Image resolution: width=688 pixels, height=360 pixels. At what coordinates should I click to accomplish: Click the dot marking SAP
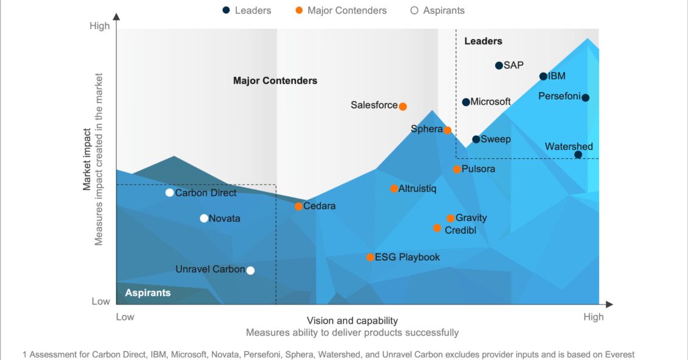click(x=499, y=65)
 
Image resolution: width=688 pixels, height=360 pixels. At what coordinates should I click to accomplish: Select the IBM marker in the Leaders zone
click(x=543, y=77)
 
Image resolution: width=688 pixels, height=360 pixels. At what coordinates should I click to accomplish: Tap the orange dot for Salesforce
click(x=402, y=106)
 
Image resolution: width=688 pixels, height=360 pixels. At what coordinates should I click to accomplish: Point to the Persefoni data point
click(x=585, y=97)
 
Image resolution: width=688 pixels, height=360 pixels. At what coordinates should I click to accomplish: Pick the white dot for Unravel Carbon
click(x=250, y=270)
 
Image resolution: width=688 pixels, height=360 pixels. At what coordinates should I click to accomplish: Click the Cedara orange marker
click(x=298, y=206)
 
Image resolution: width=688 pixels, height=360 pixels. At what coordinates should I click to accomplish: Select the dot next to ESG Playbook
click(x=370, y=258)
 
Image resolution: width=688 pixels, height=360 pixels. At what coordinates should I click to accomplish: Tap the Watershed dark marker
click(x=578, y=155)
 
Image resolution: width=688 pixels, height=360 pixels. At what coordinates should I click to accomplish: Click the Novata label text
click(x=225, y=219)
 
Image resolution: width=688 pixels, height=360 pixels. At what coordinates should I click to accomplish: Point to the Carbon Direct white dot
click(x=170, y=192)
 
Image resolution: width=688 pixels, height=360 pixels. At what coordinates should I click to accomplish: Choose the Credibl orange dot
click(x=437, y=228)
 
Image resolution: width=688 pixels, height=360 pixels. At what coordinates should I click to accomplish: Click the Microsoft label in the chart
click(x=490, y=102)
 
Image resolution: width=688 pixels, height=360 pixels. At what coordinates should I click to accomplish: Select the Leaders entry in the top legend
click(x=247, y=10)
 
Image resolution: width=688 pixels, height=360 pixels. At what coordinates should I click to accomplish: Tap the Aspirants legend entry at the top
click(x=438, y=10)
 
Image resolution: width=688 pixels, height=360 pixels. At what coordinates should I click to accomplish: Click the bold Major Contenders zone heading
click(x=275, y=81)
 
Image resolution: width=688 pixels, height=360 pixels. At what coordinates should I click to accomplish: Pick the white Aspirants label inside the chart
click(x=148, y=293)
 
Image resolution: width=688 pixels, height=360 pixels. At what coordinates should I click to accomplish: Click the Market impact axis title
click(x=87, y=160)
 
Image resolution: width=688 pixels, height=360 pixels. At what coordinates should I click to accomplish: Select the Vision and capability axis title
click(x=352, y=320)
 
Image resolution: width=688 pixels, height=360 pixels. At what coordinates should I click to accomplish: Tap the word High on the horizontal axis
click(x=593, y=317)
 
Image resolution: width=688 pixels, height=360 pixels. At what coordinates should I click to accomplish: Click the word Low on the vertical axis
click(x=100, y=302)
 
